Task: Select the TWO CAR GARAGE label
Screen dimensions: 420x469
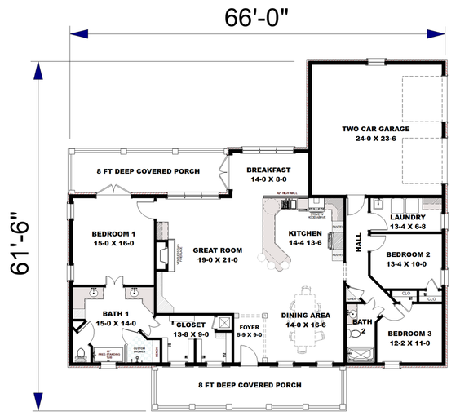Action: tap(375, 129)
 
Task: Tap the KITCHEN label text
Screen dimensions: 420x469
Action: tap(306, 232)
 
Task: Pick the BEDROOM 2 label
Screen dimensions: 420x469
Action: tap(407, 255)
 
